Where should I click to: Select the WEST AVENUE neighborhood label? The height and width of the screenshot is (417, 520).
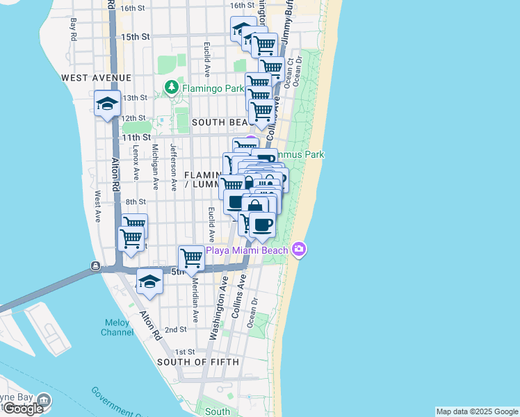[96, 77]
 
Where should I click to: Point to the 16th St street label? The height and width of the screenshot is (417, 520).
[131, 8]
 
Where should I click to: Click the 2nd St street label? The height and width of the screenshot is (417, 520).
[176, 329]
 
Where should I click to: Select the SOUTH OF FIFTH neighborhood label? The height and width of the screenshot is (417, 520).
[198, 362]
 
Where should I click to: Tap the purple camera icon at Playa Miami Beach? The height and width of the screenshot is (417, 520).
[299, 248]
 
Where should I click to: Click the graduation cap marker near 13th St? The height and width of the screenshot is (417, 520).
[107, 104]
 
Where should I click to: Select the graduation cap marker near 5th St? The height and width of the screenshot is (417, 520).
[149, 281]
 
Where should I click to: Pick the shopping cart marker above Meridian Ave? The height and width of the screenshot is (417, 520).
[191, 258]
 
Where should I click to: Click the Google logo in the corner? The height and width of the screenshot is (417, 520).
[23, 409]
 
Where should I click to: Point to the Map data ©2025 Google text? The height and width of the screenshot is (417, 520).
[477, 411]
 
